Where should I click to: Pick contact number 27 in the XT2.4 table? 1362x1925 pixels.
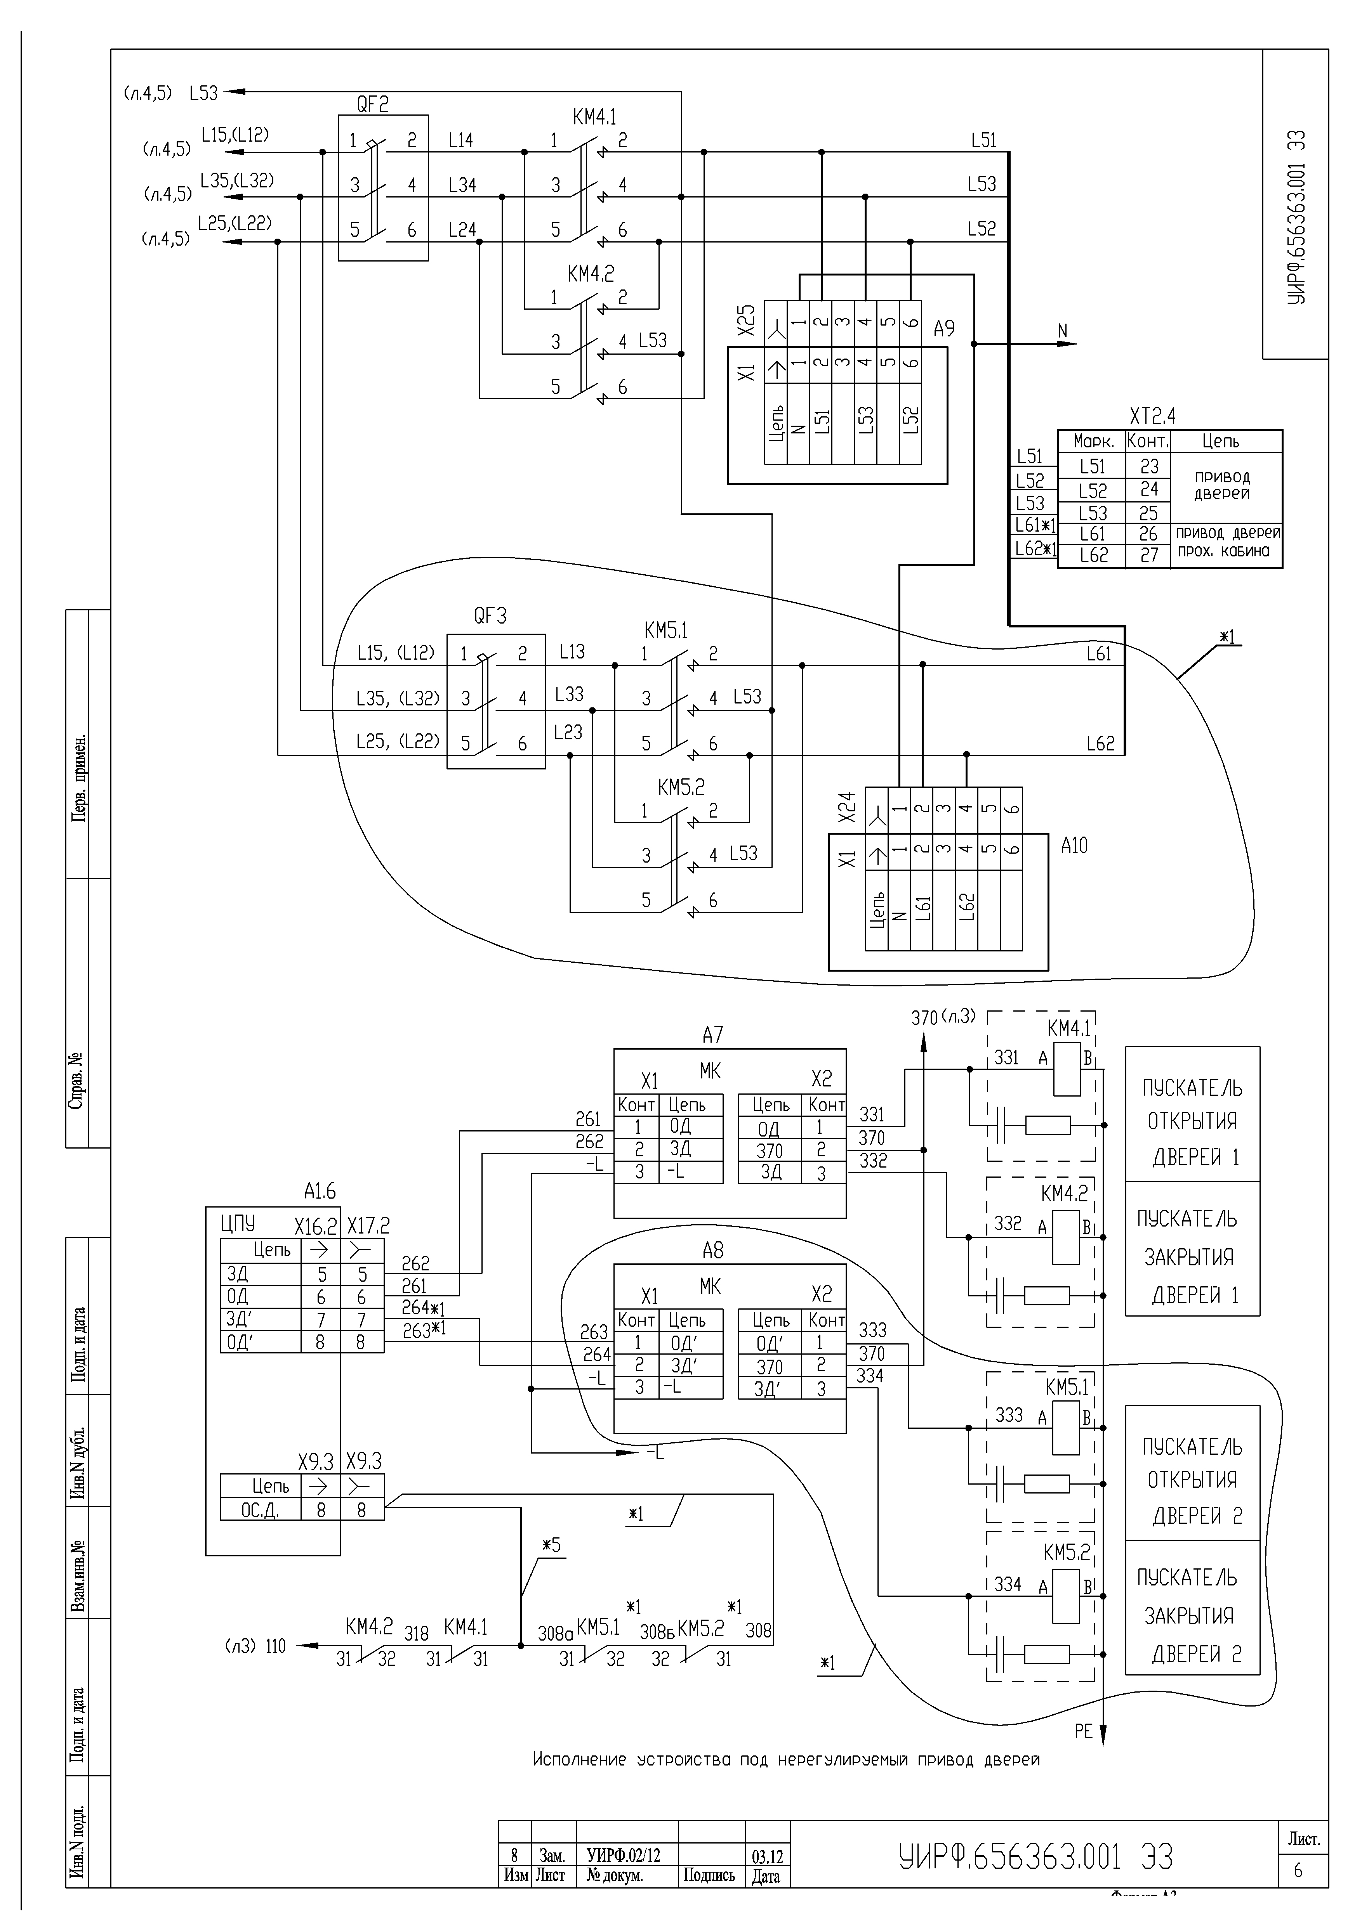click(x=1149, y=555)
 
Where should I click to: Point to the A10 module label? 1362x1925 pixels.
click(x=1074, y=846)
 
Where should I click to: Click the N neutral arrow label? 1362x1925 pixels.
click(x=1063, y=331)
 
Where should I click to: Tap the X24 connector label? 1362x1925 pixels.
click(x=847, y=807)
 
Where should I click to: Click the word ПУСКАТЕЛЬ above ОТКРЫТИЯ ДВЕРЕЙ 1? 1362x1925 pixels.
click(x=1192, y=1088)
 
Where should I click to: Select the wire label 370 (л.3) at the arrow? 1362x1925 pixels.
click(x=943, y=1017)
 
